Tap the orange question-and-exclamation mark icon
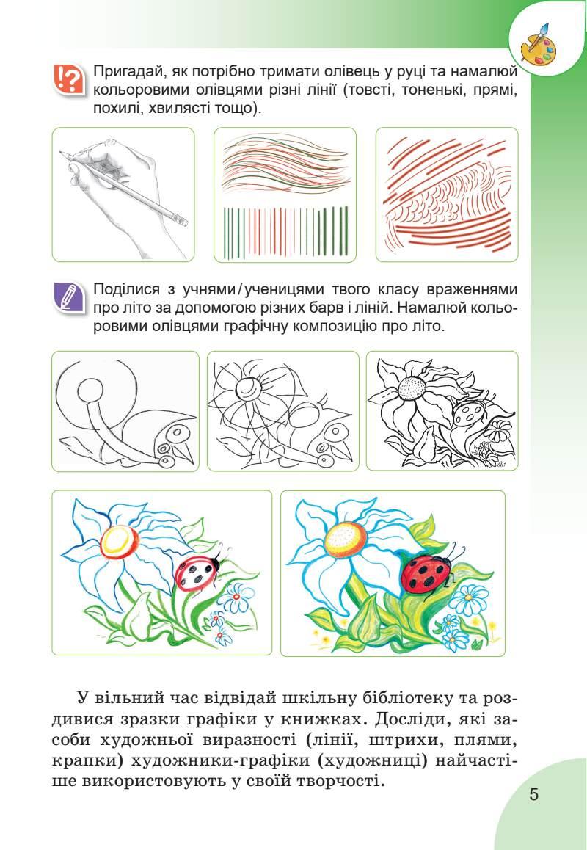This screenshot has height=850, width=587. pyautogui.click(x=69, y=79)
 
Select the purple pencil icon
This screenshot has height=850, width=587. pyautogui.click(x=69, y=297)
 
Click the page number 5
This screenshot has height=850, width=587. pyautogui.click(x=534, y=795)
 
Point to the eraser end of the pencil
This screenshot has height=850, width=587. pyautogui.click(x=183, y=220)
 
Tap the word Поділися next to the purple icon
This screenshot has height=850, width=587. pyautogui.click(x=127, y=290)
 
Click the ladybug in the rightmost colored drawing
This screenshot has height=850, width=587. pyautogui.click(x=426, y=573)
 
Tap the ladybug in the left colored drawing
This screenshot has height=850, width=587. pyautogui.click(x=197, y=572)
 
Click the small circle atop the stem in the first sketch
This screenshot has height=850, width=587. pyautogui.click(x=90, y=390)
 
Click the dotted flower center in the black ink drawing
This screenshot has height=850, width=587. pyautogui.click(x=412, y=387)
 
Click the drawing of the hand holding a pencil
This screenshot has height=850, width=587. pyautogui.click(x=123, y=196)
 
